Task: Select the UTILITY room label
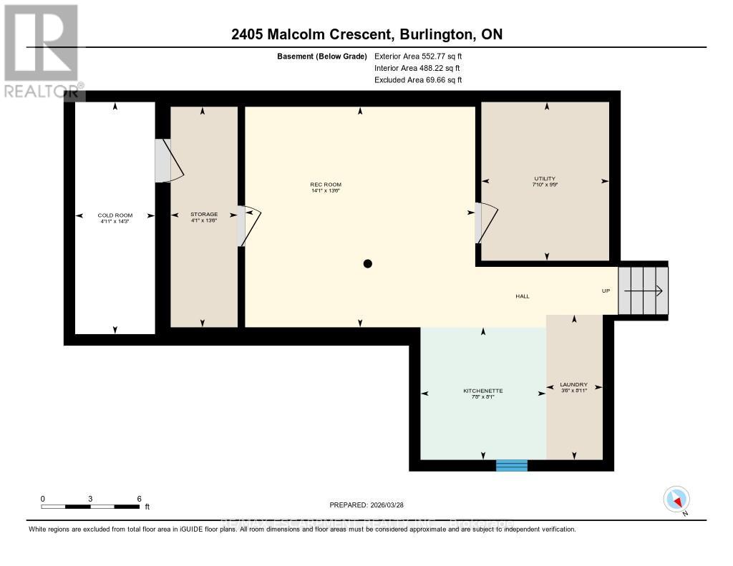[544, 179]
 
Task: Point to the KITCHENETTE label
[483, 391]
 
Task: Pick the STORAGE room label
[203, 214]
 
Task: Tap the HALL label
[523, 296]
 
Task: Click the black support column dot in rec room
[368, 263]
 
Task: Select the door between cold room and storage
[169, 160]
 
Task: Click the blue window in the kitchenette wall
[512, 465]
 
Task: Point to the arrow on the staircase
[644, 291]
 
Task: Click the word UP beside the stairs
[606, 291]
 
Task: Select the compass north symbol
[677, 499]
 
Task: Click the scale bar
[90, 507]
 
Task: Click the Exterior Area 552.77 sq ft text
[423, 56]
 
